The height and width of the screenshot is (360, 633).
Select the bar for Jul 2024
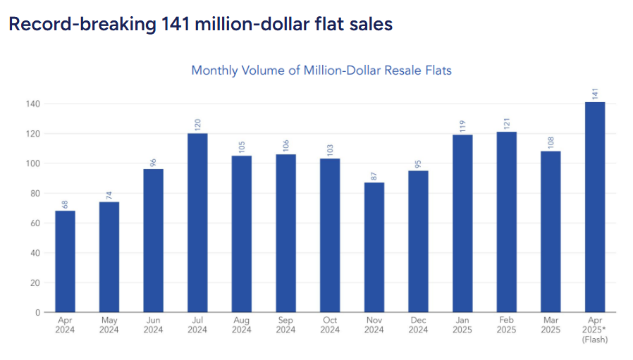197,223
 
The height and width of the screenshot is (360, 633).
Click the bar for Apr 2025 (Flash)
594,207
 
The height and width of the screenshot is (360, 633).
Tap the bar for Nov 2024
374,247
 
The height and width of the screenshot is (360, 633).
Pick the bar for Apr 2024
65,261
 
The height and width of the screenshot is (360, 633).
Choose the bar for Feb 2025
506,222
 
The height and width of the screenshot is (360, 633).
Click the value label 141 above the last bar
594,94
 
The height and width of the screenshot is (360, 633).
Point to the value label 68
65,203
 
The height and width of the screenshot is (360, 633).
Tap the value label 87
374,175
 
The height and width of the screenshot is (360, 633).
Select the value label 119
462,125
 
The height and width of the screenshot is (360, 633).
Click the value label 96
153,161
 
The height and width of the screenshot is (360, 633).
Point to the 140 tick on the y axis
32,104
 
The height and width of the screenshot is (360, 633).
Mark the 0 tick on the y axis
37,312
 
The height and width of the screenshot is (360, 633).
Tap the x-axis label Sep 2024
285,325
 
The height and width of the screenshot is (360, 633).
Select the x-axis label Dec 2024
418,325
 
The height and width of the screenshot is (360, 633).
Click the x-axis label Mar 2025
550,325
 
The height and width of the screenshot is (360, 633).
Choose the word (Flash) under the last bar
594,340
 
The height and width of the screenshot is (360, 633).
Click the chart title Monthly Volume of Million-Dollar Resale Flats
321,70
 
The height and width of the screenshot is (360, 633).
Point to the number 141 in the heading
174,24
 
